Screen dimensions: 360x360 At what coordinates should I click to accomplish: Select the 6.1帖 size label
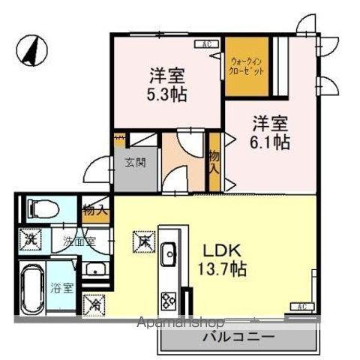click(x=270, y=142)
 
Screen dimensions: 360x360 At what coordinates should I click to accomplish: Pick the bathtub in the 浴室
click(x=32, y=289)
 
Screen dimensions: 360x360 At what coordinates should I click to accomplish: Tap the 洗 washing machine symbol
click(x=31, y=241)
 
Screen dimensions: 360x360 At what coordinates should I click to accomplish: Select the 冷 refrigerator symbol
click(x=95, y=305)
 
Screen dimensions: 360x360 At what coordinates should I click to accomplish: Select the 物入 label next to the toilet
click(x=95, y=210)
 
